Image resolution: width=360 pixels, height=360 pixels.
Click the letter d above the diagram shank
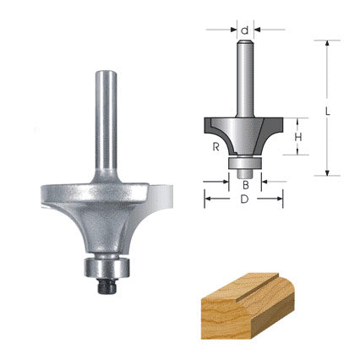244,30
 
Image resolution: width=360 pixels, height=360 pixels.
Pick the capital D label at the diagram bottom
243,200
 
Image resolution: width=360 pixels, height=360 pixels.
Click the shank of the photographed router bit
107,118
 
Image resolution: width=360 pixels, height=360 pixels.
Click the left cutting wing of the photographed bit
59,193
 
